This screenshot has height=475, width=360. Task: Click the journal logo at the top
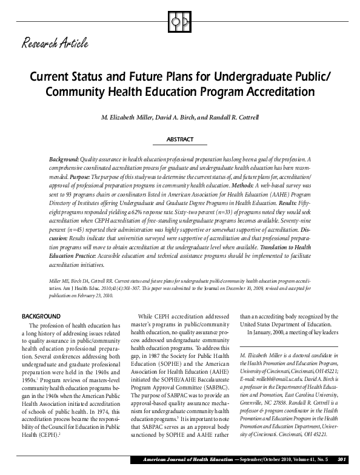tap(180, 20)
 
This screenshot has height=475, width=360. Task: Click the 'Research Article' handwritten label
tap(55, 43)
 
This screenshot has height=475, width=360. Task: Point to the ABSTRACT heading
tap(180, 140)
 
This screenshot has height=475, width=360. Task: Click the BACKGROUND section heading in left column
tap(41, 317)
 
